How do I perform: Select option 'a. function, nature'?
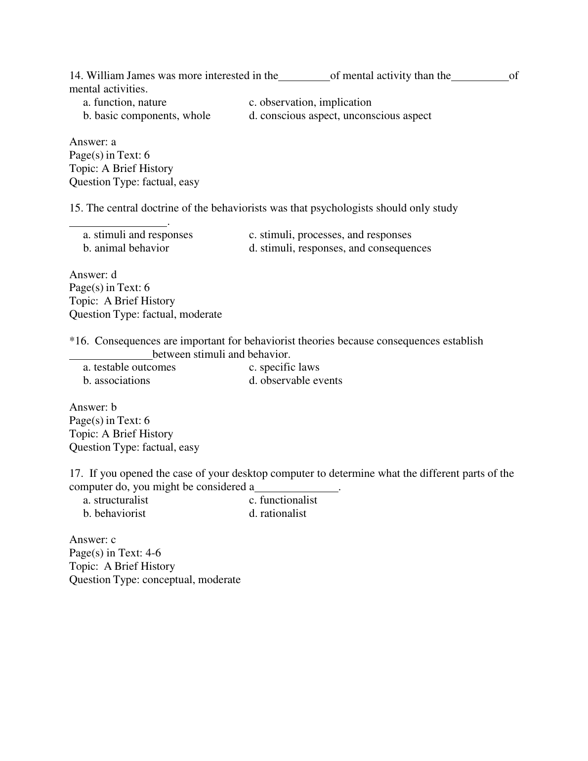[125, 102]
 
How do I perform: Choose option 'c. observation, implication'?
[310, 102]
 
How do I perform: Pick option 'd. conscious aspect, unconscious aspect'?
[340, 116]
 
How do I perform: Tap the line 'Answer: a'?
[93, 142]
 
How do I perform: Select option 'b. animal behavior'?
[126, 248]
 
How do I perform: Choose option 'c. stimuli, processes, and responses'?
[330, 235]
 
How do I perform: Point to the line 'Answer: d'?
[93, 275]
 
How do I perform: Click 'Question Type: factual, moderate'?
[145, 314]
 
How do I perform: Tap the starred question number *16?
[79, 341]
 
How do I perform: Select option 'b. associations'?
[117, 380]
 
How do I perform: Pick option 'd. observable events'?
[295, 380]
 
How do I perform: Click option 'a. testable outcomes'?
[129, 367]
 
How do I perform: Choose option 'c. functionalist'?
[283, 500]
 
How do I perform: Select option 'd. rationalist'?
[278, 513]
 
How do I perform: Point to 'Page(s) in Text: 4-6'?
[115, 553]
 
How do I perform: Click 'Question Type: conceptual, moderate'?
[155, 580]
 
